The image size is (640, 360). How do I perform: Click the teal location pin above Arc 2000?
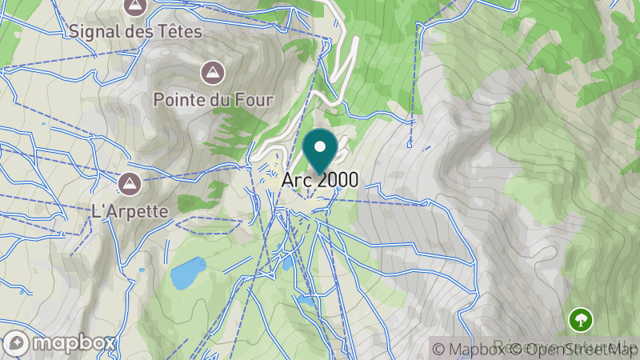[321, 151]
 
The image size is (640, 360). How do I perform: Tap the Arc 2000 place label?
[320, 180]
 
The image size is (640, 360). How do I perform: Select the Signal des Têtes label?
[136, 32]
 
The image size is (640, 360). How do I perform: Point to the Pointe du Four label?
[214, 100]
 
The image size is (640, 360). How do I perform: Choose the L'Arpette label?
[130, 211]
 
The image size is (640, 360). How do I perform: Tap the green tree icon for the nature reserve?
[580, 321]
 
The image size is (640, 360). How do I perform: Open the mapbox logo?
[60, 343]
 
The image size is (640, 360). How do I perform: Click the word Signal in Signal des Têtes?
[95, 32]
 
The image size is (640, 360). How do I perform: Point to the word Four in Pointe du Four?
[255, 100]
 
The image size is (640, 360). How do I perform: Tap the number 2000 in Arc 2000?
[337, 180]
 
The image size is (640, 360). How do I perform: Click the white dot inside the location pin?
[321, 147]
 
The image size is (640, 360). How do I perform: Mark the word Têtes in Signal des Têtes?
[181, 32]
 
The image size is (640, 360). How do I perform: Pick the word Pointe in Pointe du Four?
[178, 100]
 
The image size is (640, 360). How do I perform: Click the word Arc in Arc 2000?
[294, 180]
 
